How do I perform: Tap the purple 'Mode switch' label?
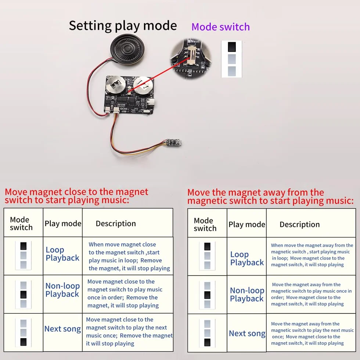tap(220, 27)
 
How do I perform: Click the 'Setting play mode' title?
tap(123, 25)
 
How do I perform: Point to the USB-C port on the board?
tap(151, 102)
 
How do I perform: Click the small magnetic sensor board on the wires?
tap(172, 143)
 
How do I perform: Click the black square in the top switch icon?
tap(232, 47)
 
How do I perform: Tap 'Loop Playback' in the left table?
tap(62, 254)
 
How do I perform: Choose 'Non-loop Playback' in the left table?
tap(62, 290)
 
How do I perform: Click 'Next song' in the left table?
tap(62, 329)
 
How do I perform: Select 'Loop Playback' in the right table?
tap(247, 258)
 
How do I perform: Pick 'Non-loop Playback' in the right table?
tap(247, 294)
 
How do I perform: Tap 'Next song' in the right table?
tap(247, 334)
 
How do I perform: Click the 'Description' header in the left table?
tap(116, 224)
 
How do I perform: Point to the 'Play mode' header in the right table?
tap(247, 224)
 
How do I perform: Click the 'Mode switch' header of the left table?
tap(21, 224)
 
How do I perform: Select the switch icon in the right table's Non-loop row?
tap(207, 295)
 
